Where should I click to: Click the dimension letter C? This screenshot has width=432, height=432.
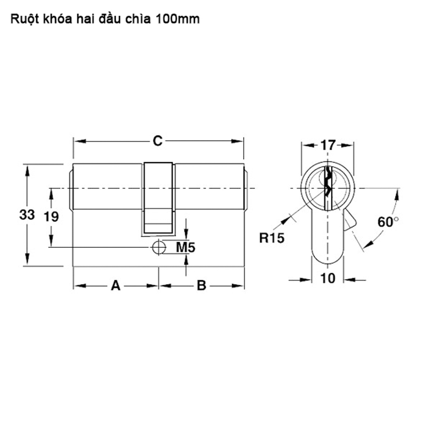[x=158, y=141]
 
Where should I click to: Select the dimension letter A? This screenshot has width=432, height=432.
[x=116, y=286]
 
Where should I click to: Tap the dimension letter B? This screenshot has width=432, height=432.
[x=201, y=286]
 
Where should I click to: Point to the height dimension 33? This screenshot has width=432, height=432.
[x=27, y=214]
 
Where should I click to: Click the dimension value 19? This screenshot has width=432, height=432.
[x=51, y=217]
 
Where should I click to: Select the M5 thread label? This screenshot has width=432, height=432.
[x=185, y=247]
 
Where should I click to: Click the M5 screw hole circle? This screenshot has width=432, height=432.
[x=159, y=247]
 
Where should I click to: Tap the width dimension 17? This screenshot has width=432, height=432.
[x=328, y=145]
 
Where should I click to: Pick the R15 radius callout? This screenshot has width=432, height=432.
[x=272, y=238]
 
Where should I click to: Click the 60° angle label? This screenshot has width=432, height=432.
[x=388, y=222]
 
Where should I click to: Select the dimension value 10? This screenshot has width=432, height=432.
[x=328, y=278]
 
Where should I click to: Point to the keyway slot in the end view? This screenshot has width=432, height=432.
[x=328, y=188]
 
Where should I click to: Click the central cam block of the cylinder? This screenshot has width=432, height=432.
[x=158, y=199]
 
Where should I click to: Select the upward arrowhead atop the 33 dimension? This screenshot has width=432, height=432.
[x=27, y=171]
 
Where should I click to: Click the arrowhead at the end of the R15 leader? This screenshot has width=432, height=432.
[x=287, y=220]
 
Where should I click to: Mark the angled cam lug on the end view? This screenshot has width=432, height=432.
[x=350, y=220]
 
